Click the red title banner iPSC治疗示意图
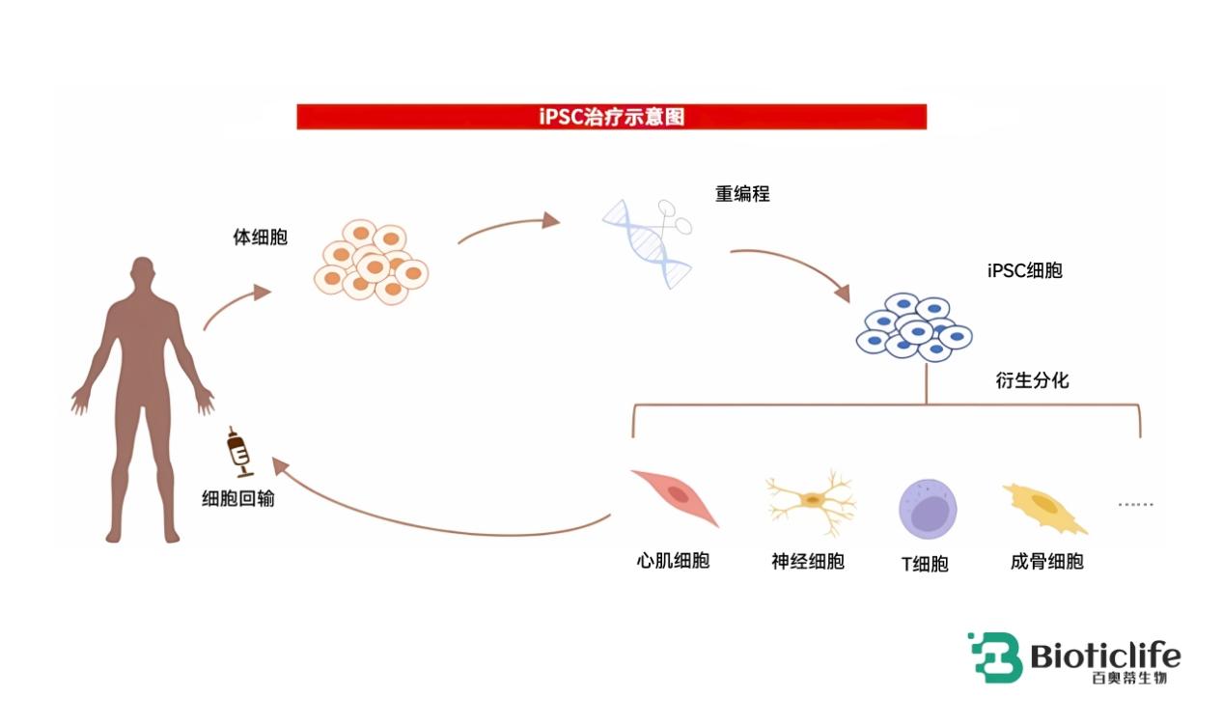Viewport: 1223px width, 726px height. tap(612, 117)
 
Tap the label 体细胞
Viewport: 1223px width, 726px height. tap(260, 237)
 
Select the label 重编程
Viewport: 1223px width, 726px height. tap(742, 194)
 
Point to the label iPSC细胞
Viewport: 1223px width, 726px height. tap(1025, 270)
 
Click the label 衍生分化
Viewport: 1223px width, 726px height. tap(1032, 380)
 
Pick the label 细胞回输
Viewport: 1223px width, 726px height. tap(238, 498)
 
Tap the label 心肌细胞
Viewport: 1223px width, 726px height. tap(673, 561)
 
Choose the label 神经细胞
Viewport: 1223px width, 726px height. tap(808, 561)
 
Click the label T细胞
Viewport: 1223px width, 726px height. tap(925, 564)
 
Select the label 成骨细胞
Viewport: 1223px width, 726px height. tap(1046, 561)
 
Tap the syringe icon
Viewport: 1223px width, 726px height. tap(239, 452)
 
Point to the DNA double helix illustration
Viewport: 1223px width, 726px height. tap(647, 244)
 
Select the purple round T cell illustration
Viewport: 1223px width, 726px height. tap(928, 509)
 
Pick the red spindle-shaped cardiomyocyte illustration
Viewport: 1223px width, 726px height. tap(676, 497)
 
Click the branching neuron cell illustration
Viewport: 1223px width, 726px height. tap(811, 502)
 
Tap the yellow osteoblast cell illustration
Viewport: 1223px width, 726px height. tap(1043, 509)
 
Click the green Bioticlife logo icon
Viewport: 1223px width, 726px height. tap(995, 657)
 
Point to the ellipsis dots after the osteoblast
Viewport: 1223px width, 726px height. tap(1135, 504)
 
